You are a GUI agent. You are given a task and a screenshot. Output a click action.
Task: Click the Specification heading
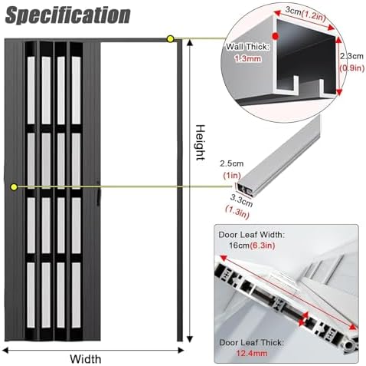click(68, 15)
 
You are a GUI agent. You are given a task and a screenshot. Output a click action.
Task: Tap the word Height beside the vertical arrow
click(201, 143)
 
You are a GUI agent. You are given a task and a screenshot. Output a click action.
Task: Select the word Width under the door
click(86, 359)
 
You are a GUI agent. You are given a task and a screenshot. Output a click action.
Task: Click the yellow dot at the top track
click(170, 39)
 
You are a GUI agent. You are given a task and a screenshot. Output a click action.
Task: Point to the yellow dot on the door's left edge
click(14, 187)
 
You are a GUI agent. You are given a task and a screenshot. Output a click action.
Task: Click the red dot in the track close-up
click(275, 36)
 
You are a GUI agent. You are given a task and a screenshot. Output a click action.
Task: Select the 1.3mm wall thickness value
click(248, 59)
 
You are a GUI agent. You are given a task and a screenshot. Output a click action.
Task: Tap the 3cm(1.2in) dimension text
click(306, 14)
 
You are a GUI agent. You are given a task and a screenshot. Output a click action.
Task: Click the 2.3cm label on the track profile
click(351, 56)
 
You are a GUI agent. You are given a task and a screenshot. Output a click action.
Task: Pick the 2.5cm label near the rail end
click(232, 163)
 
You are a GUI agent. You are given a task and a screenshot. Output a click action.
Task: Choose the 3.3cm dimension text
click(241, 200)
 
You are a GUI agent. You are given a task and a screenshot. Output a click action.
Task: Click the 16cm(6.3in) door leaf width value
click(252, 246)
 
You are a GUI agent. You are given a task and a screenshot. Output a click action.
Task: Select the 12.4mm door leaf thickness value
click(252, 354)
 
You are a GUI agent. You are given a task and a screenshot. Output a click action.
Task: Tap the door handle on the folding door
click(99, 194)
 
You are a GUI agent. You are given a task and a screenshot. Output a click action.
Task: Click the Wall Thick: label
click(247, 47)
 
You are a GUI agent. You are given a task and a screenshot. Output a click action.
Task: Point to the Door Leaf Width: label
click(251, 235)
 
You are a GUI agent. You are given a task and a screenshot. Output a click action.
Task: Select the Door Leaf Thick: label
click(252, 342)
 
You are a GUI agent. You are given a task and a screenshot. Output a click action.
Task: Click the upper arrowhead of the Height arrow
click(189, 42)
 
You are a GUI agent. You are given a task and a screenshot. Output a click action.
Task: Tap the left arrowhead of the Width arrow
click(5, 350)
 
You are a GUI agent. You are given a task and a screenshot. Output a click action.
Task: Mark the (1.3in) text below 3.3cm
click(237, 213)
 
